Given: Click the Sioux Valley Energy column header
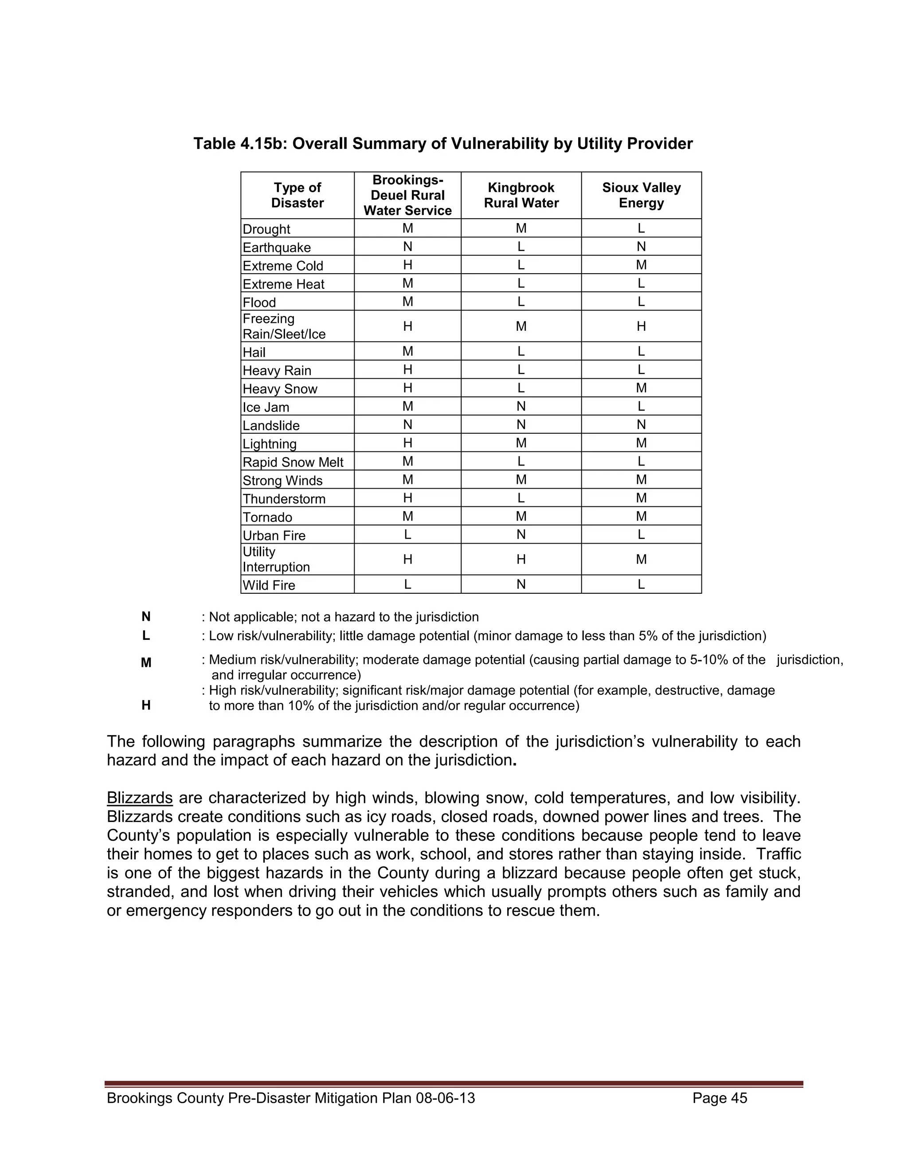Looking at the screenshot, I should [641, 195].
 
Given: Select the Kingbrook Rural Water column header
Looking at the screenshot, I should [521, 195].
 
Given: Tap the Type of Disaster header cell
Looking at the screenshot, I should [297, 195].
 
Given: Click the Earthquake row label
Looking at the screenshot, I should [277, 247].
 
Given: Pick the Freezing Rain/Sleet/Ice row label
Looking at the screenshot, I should [284, 327].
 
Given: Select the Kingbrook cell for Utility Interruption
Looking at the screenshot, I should [521, 560].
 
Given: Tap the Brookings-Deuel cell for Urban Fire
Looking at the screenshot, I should [408, 535].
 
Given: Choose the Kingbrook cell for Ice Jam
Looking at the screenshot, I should [521, 407].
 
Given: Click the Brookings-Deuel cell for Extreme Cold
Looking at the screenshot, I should [408, 265].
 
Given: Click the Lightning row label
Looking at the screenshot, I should [270, 444].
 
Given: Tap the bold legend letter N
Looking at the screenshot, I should [146, 617].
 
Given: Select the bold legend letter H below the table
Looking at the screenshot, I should [146, 705].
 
